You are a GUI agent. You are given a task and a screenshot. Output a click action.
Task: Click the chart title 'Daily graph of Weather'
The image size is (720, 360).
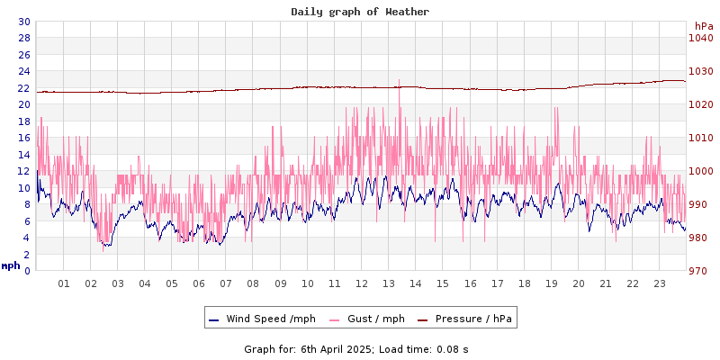[360, 12]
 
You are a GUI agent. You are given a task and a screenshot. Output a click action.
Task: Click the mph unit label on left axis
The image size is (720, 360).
[11, 265]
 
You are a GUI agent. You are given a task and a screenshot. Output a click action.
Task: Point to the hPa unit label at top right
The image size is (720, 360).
[703, 26]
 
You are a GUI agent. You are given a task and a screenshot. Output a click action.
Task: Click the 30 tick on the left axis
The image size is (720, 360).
[23, 22]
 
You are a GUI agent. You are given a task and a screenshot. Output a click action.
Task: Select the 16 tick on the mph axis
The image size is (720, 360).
[23, 138]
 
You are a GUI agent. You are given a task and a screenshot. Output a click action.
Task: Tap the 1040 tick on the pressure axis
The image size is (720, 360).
[700, 38]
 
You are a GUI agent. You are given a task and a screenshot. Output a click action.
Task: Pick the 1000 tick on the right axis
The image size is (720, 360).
[700, 171]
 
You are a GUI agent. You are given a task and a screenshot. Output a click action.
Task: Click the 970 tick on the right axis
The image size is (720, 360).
[700, 271]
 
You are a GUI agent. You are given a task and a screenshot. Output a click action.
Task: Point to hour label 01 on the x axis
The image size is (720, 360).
[64, 283]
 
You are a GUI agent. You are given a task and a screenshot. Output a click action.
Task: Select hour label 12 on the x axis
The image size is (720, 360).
[362, 283]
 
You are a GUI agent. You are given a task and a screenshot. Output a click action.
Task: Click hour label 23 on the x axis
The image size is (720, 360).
[660, 283]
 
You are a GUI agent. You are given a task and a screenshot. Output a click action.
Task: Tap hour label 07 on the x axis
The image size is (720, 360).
[226, 283]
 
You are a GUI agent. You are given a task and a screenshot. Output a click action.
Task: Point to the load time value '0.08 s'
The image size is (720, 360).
[452, 349]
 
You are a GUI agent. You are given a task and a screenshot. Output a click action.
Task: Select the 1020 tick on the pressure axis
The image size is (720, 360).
[700, 104]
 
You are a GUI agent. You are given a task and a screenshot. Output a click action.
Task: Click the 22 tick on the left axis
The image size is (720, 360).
[23, 88]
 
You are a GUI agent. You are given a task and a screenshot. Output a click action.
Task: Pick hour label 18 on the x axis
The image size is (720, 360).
[524, 283]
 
